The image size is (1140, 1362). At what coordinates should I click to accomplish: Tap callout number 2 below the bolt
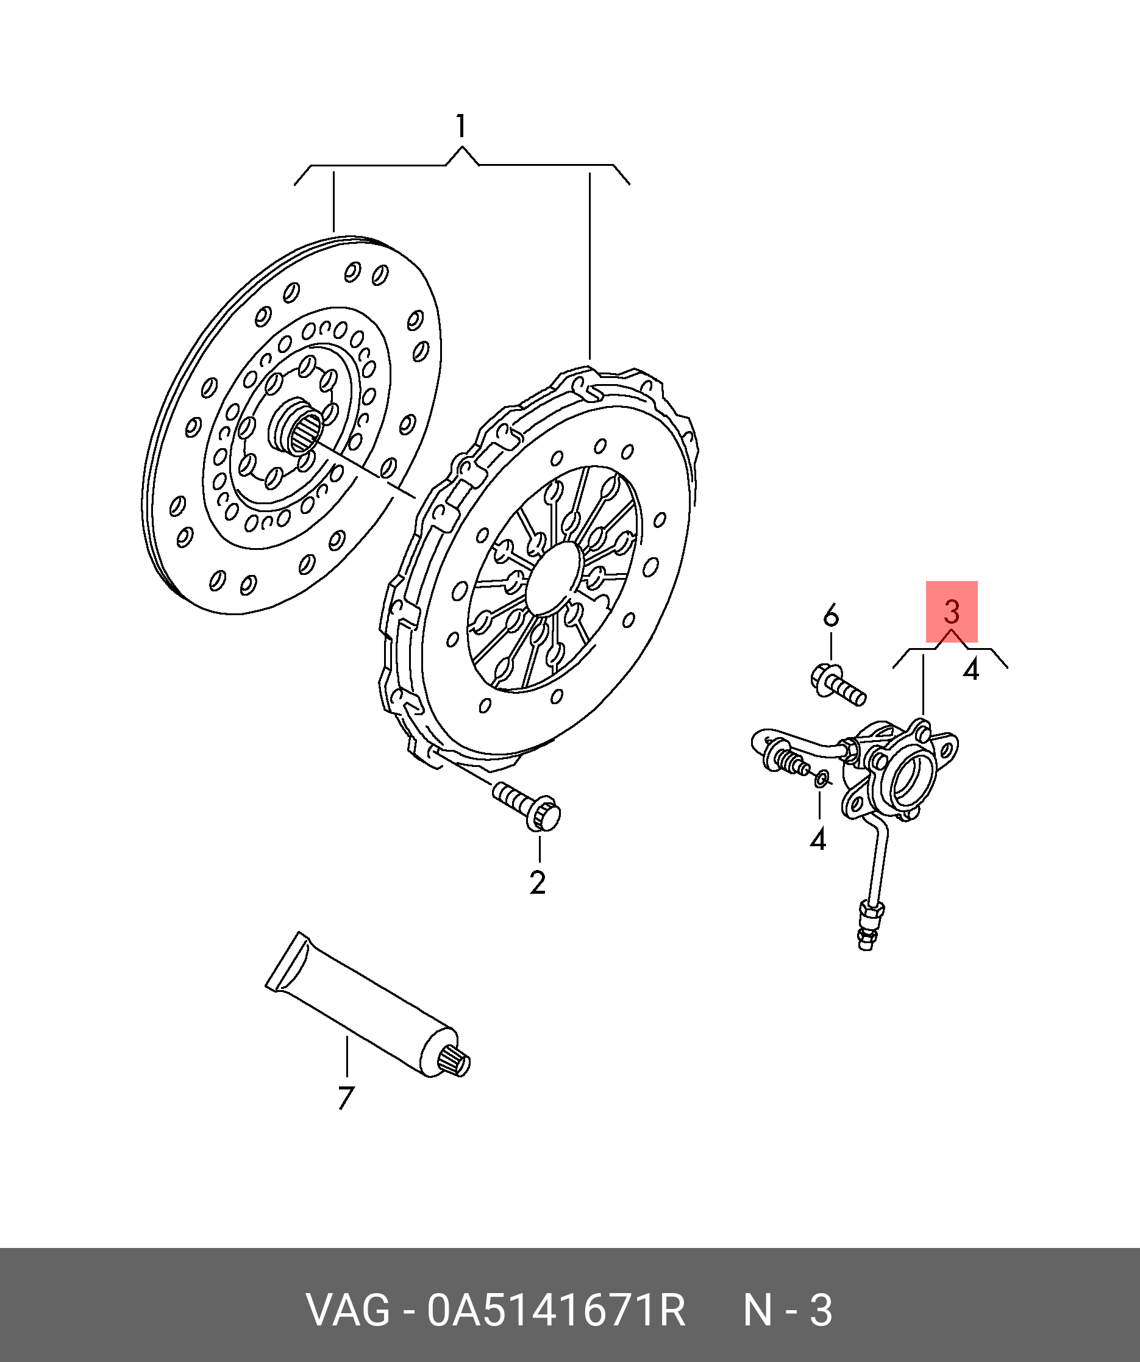(538, 883)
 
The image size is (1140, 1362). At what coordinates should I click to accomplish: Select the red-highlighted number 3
(951, 611)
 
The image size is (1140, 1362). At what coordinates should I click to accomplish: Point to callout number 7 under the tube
(346, 1098)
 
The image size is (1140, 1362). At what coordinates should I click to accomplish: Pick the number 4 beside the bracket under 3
(971, 669)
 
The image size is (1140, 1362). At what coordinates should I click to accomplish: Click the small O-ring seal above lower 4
(821, 779)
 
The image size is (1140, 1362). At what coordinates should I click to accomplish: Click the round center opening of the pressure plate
(552, 579)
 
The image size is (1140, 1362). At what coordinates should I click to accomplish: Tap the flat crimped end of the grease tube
(284, 963)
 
